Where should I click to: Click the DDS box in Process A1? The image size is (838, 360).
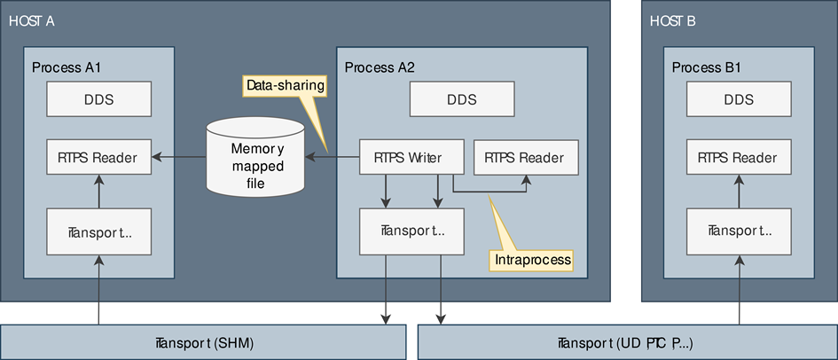[98, 100]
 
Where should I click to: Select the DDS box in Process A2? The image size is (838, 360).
[456, 100]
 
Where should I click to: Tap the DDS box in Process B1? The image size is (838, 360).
[738, 100]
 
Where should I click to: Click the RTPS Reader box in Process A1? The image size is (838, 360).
[98, 158]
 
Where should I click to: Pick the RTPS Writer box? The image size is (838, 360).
[412, 158]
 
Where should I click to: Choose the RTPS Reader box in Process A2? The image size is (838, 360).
[526, 158]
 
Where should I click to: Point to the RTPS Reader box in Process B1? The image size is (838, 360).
[738, 158]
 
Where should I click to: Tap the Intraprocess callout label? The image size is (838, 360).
[531, 259]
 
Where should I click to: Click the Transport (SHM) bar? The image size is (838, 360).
[203, 341]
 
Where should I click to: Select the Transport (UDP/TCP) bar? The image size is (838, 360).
[627, 341]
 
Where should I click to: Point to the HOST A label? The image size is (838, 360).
[32, 20]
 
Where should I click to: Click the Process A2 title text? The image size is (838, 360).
[380, 67]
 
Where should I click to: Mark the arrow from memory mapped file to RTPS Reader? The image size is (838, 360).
[177, 158]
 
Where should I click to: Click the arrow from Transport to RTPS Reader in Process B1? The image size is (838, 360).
[738, 192]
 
